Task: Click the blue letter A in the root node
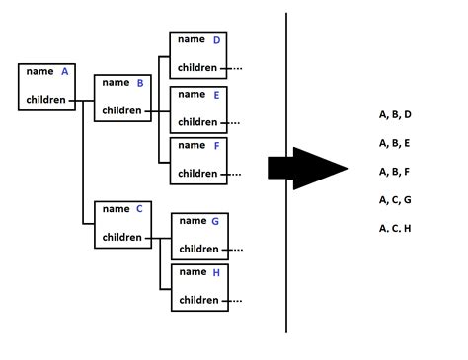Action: pyautogui.click(x=65, y=71)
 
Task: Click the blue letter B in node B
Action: pyautogui.click(x=140, y=83)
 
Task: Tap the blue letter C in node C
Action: pyautogui.click(x=139, y=208)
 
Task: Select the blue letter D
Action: pyautogui.click(x=216, y=40)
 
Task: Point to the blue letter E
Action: pyautogui.click(x=215, y=95)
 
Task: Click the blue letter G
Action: pyautogui.click(x=215, y=222)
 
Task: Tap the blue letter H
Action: pyautogui.click(x=215, y=273)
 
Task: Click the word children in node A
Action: pyautogui.click(x=46, y=100)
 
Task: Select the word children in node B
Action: pyautogui.click(x=121, y=111)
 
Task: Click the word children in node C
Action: pyautogui.click(x=122, y=237)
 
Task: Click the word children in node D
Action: pyautogui.click(x=197, y=68)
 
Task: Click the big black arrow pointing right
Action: pyautogui.click(x=307, y=170)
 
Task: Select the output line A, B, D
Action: pyautogui.click(x=395, y=115)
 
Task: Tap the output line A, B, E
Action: pyautogui.click(x=395, y=143)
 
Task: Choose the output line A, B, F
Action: pyautogui.click(x=395, y=172)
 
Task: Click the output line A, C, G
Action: pyautogui.click(x=395, y=200)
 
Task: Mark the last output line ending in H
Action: pyautogui.click(x=395, y=229)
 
